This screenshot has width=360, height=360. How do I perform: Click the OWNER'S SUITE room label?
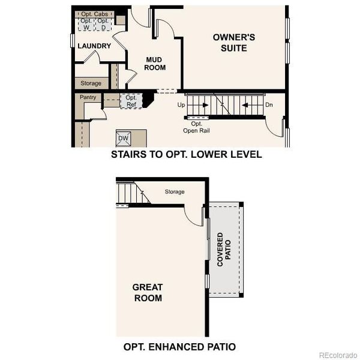click(234, 42)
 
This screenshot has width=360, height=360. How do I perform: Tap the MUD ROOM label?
click(155, 64)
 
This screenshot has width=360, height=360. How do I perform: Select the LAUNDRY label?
click(94, 46)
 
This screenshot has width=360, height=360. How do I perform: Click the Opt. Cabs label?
click(95, 13)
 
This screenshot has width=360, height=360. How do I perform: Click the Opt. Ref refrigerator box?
click(131, 101)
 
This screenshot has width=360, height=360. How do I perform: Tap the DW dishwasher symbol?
click(124, 139)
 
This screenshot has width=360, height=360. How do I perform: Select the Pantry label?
click(88, 97)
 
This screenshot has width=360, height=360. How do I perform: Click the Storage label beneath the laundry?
click(91, 83)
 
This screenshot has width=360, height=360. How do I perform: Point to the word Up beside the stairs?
click(181, 105)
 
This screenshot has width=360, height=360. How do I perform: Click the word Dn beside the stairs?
click(269, 105)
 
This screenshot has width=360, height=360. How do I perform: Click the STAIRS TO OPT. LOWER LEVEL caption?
click(186, 154)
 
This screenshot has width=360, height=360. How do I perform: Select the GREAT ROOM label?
click(147, 292)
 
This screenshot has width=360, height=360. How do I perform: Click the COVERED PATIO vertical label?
click(224, 249)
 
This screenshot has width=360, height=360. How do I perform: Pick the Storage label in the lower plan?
click(175, 192)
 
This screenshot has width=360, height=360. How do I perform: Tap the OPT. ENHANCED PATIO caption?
click(179, 346)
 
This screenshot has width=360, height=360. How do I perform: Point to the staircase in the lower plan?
click(130, 194)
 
